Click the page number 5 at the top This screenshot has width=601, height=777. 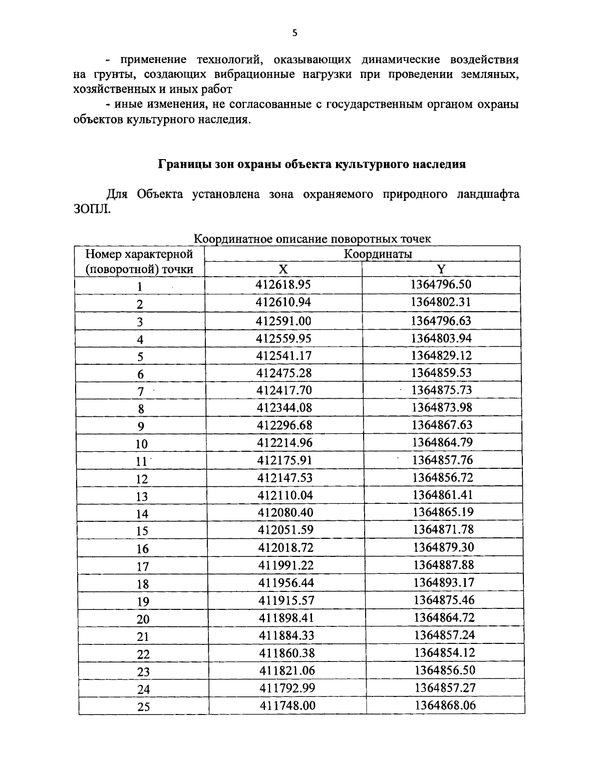pos(294,33)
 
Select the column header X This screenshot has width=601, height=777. pos(283,269)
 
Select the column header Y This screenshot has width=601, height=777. pos(441,269)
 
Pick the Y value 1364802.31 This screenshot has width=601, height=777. pos(441,302)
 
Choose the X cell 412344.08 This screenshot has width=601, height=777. pos(284,407)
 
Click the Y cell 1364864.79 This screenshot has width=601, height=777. pos(442,442)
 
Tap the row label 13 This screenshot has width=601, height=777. pos(142,497)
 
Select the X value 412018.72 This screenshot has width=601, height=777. pos(285,547)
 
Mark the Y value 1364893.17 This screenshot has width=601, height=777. pos(443,582)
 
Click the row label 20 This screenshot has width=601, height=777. pos(143,619)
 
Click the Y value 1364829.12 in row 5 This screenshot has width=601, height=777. pos(441,355)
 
